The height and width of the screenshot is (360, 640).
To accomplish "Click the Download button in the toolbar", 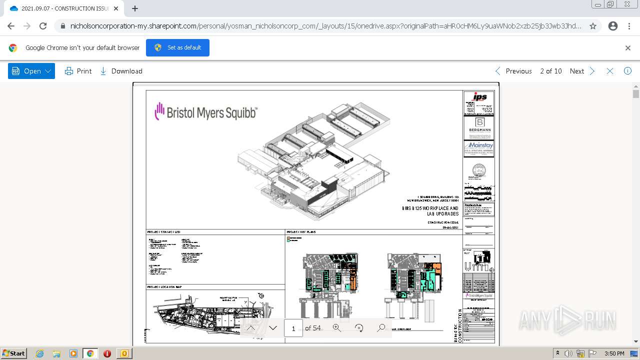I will click(x=121, y=71).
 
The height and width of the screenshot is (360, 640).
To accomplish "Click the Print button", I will click(x=78, y=71).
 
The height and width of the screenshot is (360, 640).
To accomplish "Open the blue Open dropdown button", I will click(x=31, y=71).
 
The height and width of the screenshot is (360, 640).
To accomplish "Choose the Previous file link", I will click(x=513, y=71).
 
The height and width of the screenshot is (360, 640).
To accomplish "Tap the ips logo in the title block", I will click(x=479, y=97).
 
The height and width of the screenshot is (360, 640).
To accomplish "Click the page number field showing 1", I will click(x=293, y=328).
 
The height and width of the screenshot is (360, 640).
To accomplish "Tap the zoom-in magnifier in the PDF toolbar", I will click(x=336, y=328).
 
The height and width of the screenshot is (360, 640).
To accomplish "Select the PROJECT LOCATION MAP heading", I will click(x=164, y=287).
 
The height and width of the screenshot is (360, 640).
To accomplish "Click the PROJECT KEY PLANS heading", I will click(x=301, y=232).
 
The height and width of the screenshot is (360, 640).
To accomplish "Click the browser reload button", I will click(x=43, y=26).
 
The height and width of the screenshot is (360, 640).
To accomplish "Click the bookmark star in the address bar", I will click(x=593, y=26).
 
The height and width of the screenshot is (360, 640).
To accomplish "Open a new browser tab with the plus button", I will click(x=135, y=8).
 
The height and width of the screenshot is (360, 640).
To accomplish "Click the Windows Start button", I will click(x=14, y=353).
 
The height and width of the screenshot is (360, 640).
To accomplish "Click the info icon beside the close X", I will click(x=627, y=71).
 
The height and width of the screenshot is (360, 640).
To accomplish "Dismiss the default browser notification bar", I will click(x=628, y=48).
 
